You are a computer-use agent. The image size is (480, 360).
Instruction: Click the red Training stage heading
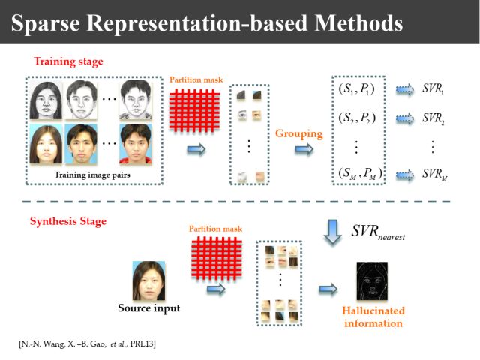pyautogui.click(x=68, y=60)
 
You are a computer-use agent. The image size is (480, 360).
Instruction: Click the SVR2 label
pyautogui.click(x=433, y=118)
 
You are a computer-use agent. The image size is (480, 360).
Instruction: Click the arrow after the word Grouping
pyautogui.click(x=304, y=150)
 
